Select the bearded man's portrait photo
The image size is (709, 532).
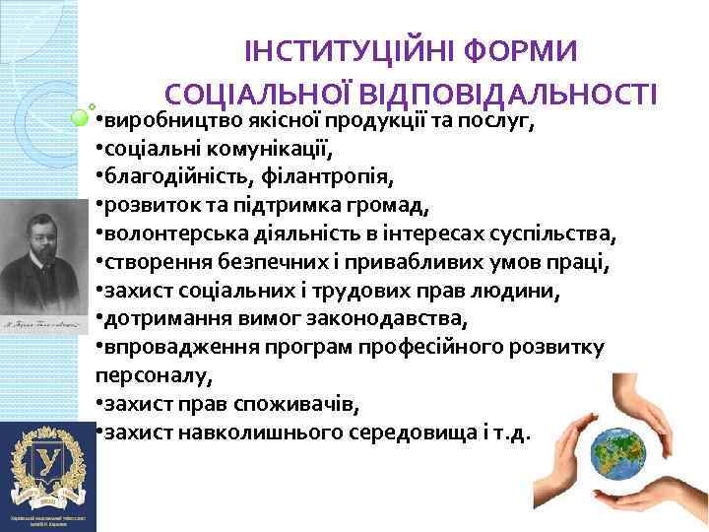tap(44, 251)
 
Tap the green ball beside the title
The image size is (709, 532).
tap(84, 119)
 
